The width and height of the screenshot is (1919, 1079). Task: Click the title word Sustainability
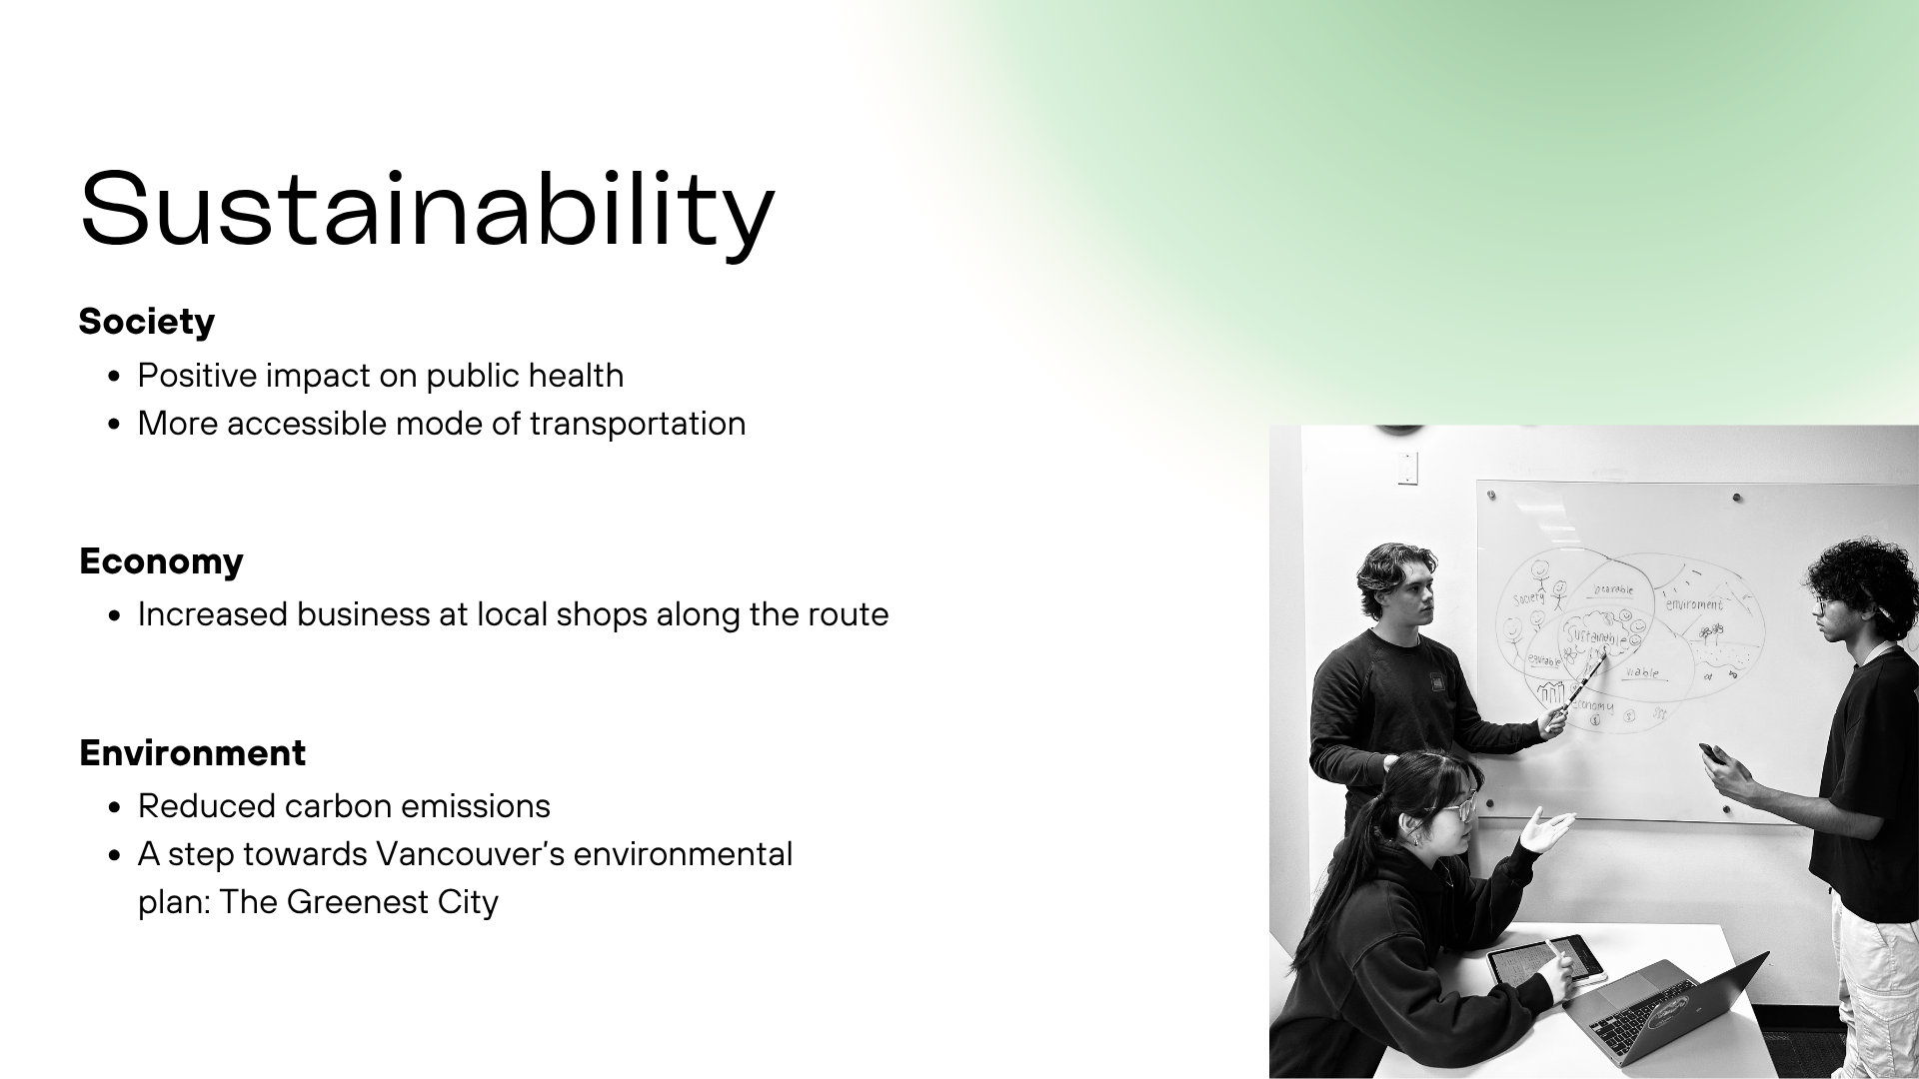427,210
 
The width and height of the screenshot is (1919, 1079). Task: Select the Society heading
147,322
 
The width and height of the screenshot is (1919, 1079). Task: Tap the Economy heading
161,561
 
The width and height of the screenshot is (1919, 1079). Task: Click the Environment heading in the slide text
192,753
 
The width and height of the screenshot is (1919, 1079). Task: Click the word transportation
638,424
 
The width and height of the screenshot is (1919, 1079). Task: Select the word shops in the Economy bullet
602,614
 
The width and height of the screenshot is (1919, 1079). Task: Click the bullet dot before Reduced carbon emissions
116,807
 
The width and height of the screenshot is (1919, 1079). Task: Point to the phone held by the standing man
1711,752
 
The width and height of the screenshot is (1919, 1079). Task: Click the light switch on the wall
1407,468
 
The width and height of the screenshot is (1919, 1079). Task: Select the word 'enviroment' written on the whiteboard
1694,604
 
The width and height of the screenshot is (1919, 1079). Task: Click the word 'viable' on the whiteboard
1641,672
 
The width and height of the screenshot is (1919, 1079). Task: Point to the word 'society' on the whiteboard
1529,598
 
